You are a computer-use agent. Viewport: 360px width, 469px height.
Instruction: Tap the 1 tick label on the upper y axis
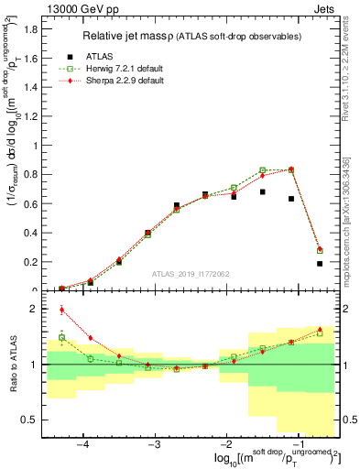point(37,146)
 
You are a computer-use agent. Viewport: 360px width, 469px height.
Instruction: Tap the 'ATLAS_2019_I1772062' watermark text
point(191,274)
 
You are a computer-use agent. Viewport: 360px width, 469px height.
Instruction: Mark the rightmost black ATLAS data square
point(320,264)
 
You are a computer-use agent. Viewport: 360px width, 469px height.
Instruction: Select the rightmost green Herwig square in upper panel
point(320,250)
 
